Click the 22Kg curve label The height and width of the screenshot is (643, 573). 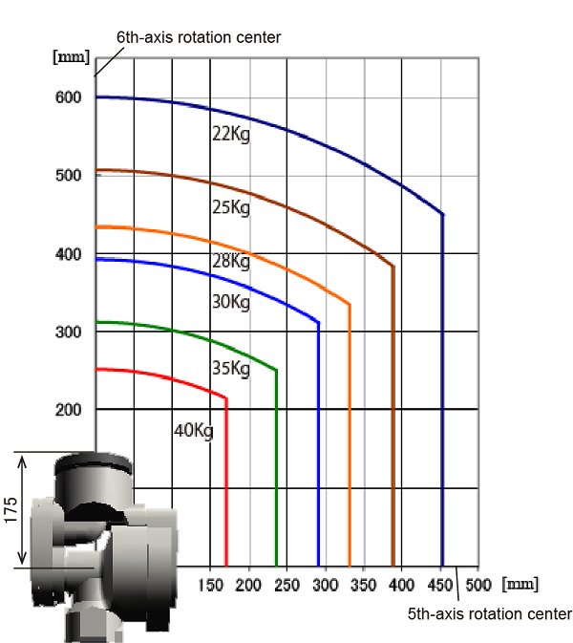(231, 134)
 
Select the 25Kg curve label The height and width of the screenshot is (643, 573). (231, 207)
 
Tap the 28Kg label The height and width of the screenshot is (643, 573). (231, 261)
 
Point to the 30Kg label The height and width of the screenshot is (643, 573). (231, 302)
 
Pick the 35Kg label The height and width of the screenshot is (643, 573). (231, 368)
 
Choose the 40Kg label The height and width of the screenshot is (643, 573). (194, 431)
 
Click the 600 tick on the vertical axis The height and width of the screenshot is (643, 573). (69, 97)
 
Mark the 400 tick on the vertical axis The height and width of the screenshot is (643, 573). (69, 255)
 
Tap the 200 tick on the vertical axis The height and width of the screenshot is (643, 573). (69, 410)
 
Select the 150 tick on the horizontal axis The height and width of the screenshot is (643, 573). (211, 585)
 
